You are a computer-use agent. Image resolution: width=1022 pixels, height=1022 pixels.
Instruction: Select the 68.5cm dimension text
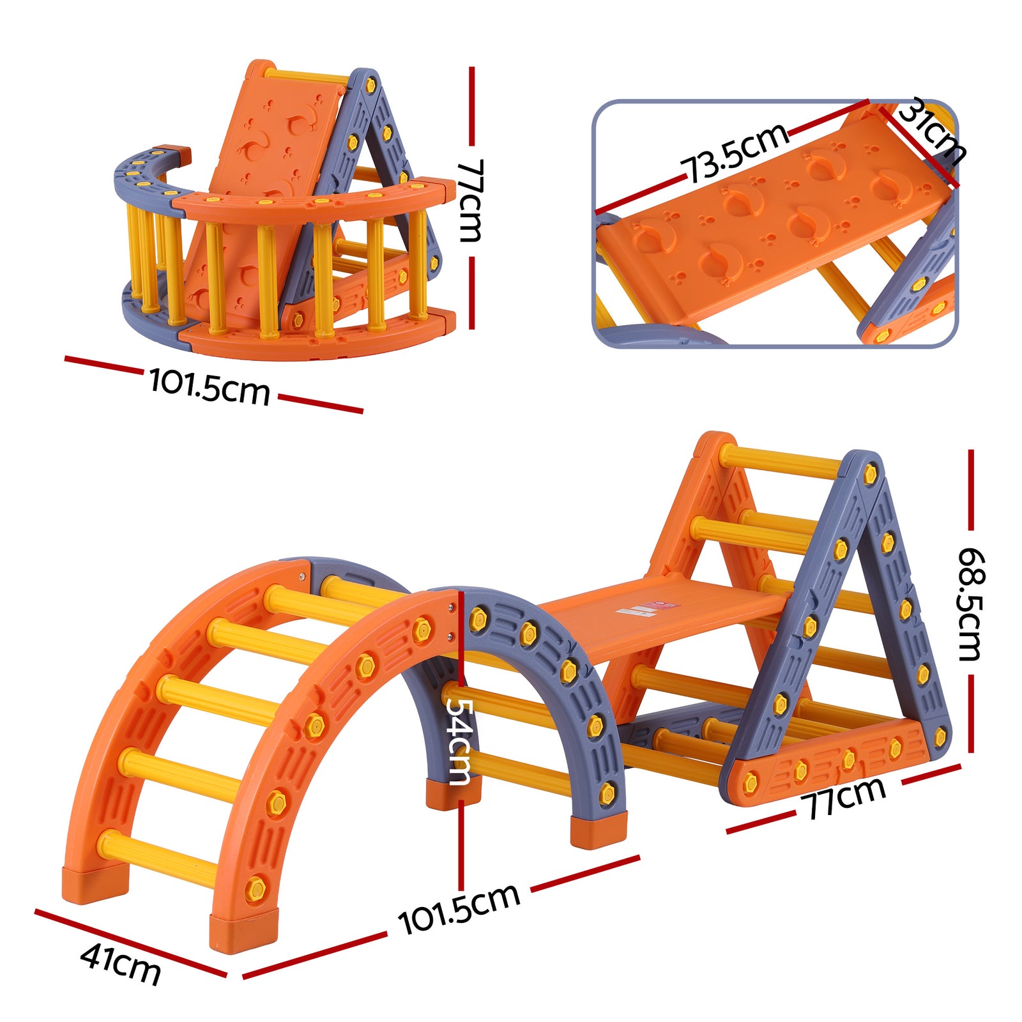click(x=971, y=604)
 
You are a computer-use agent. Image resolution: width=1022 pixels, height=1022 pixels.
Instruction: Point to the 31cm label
click(x=931, y=131)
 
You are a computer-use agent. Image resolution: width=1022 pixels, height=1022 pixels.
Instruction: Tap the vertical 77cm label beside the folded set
click(x=471, y=200)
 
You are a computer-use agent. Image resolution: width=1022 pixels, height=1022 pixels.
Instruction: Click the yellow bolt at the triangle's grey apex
click(x=870, y=474)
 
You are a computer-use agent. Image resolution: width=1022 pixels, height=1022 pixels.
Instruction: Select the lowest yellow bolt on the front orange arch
click(x=256, y=887)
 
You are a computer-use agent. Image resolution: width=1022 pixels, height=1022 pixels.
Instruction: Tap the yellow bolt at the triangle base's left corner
click(x=750, y=782)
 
